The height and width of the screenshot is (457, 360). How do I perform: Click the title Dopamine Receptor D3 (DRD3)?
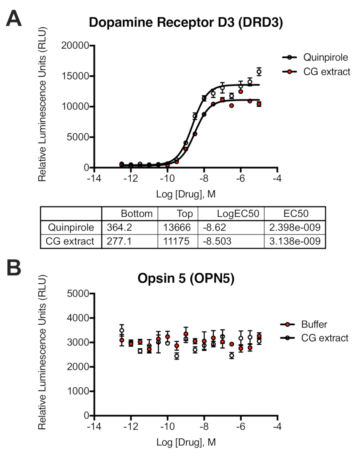186,22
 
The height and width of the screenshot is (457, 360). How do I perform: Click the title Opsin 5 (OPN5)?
186,279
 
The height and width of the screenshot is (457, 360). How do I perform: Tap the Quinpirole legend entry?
326,58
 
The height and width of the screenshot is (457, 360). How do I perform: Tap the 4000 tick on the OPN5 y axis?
80,318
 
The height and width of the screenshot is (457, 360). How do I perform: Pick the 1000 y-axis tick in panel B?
80,391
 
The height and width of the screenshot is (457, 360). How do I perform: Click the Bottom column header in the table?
136,214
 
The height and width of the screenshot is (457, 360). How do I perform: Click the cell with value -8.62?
212,228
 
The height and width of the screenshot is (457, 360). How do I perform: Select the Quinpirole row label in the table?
70,228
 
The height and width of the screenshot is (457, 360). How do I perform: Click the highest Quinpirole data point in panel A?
259,72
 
